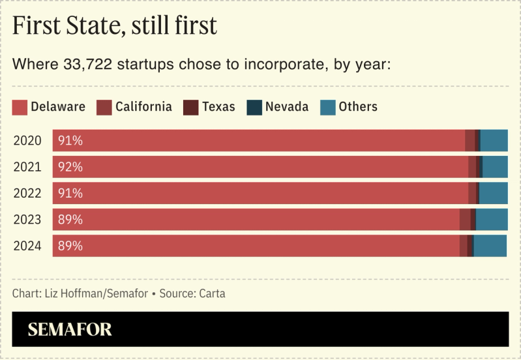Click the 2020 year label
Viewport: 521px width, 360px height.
pos(27,141)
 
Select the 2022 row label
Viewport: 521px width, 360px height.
pos(27,193)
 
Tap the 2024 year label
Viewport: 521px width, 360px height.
pos(27,246)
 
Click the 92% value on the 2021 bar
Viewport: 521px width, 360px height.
pos(70,167)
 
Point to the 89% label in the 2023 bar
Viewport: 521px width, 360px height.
pos(70,220)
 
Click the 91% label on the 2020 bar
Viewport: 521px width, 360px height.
pos(70,141)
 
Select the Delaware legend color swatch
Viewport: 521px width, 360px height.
pos(20,107)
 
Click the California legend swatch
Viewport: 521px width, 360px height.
pos(104,107)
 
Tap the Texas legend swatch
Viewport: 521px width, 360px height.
pos(190,107)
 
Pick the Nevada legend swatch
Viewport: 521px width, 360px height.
pos(254,107)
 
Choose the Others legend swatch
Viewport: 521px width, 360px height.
pos(327,107)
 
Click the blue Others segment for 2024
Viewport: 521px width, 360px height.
pos(490,246)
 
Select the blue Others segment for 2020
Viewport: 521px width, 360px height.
pos(494,141)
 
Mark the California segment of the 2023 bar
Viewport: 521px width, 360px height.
pos(465,220)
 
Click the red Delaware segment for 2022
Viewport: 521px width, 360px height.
pos(261,193)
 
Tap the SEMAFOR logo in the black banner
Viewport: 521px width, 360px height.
pos(69,329)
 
